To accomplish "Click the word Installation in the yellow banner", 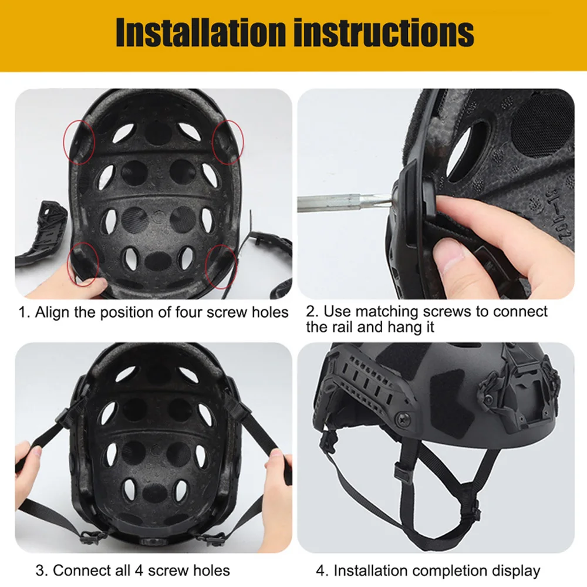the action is pos(201,32).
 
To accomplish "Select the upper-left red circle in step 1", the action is pos(79,142).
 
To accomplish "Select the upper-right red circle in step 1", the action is pos(228,142).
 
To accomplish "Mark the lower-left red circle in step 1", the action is pos(83,264).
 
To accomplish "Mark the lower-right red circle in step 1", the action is pos(221,266).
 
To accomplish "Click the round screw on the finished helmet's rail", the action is pos(403,419).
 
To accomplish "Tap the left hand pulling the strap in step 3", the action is pos(27,464).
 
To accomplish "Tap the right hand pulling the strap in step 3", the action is pos(277,487).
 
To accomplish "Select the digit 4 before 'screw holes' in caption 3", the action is pos(139,571).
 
